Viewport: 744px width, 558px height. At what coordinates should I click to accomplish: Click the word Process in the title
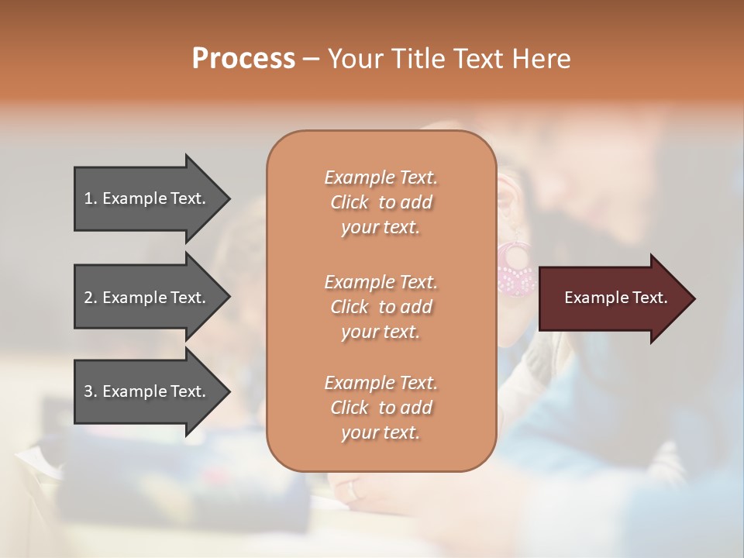pos(243,59)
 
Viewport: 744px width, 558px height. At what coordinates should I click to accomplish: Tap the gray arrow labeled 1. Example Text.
pos(147,198)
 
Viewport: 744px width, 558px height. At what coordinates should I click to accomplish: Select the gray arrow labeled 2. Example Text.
pos(147,298)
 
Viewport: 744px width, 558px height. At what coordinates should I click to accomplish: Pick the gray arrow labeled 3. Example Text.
pos(147,391)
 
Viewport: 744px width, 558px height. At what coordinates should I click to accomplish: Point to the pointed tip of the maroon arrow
pos(691,298)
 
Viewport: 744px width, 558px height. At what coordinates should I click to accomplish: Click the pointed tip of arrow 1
pos(227,199)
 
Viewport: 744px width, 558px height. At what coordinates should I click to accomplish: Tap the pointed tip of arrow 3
pos(227,391)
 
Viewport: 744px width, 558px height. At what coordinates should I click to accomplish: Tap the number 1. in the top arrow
pos(91,198)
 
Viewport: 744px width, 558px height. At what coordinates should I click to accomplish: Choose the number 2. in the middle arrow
pos(91,298)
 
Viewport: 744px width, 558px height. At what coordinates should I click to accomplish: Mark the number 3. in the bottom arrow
pos(91,391)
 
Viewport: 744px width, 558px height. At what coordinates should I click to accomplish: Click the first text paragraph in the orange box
pos(381,202)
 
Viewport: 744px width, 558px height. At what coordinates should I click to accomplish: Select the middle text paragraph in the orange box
pos(381,307)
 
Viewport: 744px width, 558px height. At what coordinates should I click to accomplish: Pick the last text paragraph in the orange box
pos(381,408)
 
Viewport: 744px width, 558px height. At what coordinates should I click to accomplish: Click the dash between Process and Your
pos(312,59)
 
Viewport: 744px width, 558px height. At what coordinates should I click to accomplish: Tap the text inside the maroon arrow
pos(615,298)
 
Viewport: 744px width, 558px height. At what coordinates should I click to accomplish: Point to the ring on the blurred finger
pos(354,490)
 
